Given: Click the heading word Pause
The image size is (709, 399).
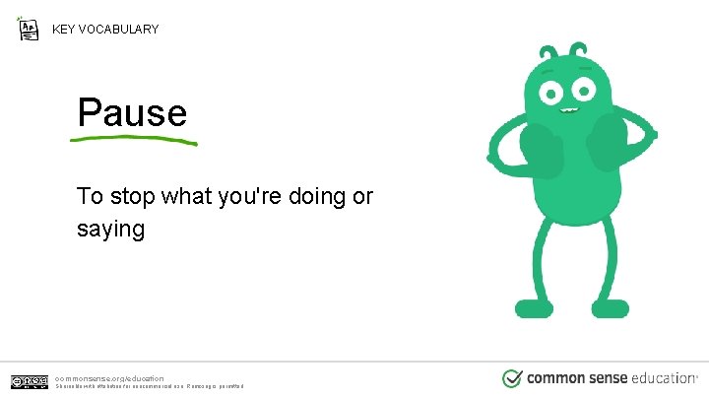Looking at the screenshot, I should pyautogui.click(x=132, y=112).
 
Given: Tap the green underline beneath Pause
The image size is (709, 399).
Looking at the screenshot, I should pyautogui.click(x=134, y=139).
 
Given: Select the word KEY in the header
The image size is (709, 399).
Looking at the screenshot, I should pyautogui.click(x=64, y=30).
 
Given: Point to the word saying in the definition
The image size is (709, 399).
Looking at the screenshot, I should pyautogui.click(x=110, y=230).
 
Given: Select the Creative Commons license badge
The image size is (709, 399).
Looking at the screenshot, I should pyautogui.click(x=30, y=381).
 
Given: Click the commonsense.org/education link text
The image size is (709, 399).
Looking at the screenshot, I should pyautogui.click(x=109, y=377).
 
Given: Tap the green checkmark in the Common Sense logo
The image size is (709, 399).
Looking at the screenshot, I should pyautogui.click(x=512, y=378).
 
